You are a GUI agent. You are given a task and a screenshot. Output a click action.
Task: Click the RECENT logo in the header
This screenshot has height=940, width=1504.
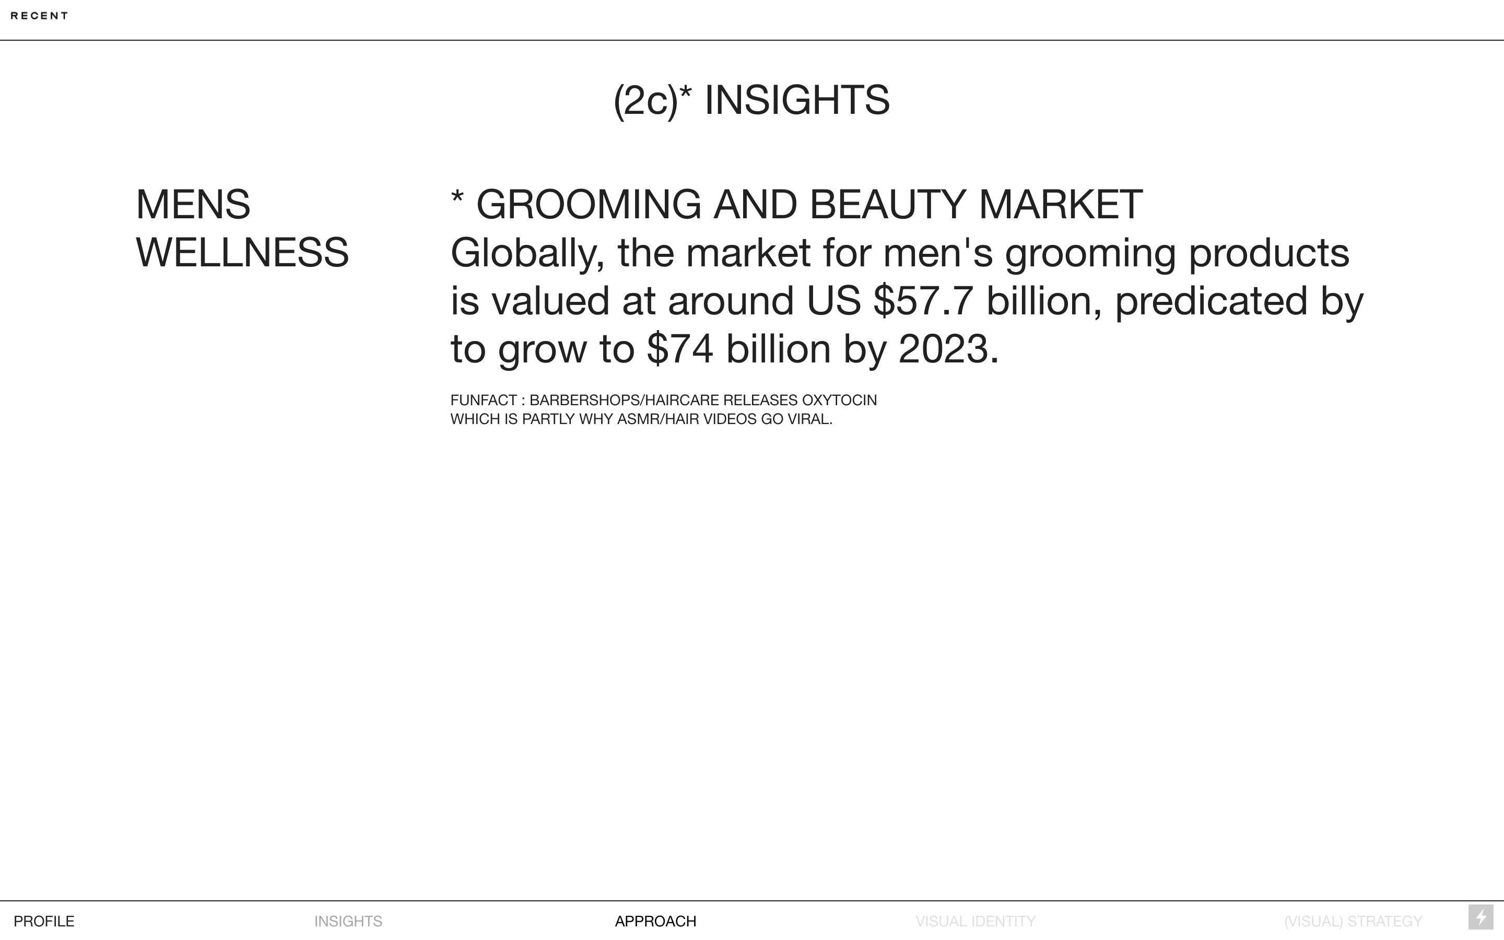(39, 16)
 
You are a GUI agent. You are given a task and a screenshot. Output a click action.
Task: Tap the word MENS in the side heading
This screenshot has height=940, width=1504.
(193, 205)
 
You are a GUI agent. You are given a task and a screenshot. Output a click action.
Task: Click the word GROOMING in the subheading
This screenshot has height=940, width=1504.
(589, 205)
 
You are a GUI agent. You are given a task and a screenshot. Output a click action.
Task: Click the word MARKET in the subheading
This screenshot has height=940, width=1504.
(1060, 205)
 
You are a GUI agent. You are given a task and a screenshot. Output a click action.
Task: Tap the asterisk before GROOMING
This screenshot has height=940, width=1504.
(457, 198)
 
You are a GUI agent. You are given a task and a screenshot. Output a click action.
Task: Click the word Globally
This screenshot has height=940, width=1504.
(527, 254)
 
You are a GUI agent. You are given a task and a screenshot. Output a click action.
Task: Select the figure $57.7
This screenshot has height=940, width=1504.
(923, 301)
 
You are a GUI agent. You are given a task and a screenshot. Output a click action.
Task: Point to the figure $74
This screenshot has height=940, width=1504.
(680, 349)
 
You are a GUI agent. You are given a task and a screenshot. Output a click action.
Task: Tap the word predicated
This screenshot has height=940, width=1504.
(1211, 301)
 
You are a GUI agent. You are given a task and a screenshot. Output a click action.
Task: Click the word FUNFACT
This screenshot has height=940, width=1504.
(484, 401)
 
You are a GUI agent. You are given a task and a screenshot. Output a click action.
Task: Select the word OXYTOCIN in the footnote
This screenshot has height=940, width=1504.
(839, 401)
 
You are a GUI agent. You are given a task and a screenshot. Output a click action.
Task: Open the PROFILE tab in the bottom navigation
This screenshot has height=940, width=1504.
(44, 921)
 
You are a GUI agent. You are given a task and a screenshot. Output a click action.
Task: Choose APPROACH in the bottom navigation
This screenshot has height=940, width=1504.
(656, 921)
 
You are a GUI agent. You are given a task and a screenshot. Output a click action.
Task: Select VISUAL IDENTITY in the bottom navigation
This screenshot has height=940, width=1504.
(976, 921)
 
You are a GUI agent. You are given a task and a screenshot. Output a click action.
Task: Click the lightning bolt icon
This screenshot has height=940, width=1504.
(1481, 918)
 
